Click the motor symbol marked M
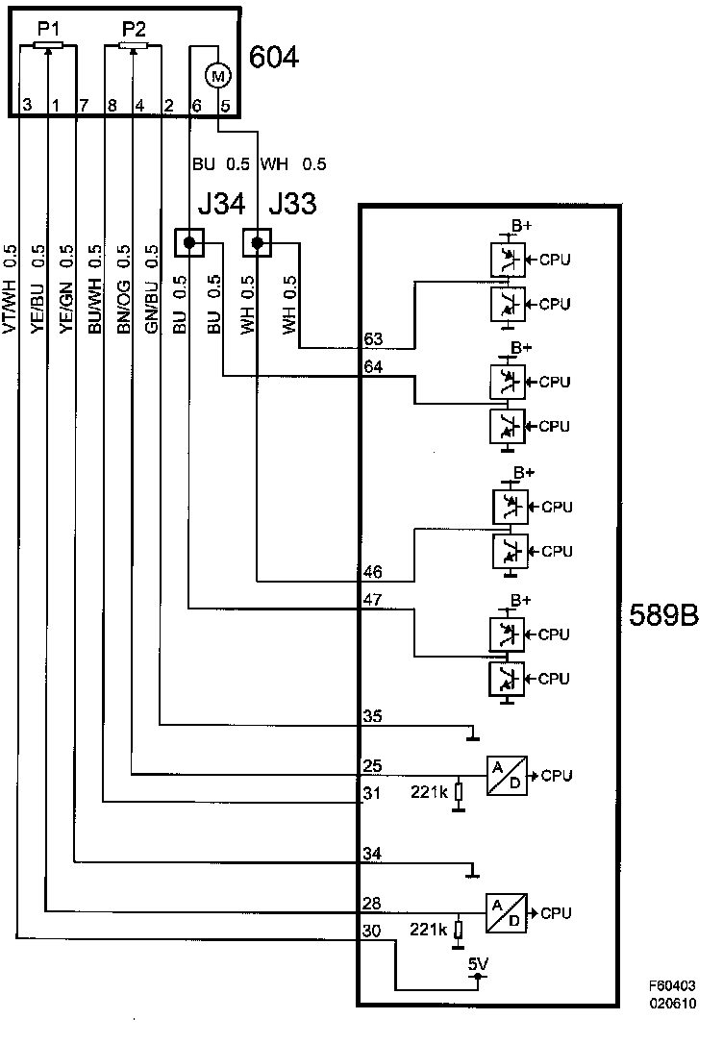[217, 73]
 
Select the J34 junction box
[189, 243]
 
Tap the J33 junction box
[257, 243]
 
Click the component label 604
[274, 58]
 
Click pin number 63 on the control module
[373, 338]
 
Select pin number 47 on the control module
[373, 600]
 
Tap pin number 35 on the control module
[373, 715]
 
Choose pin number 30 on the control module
[373, 931]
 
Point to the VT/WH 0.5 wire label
[11, 288]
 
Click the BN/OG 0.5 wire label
[123, 288]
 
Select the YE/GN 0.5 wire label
[66, 288]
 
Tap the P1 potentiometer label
[47, 30]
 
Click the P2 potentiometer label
[134, 30]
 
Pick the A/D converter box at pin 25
[507, 774]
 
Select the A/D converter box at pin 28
[507, 912]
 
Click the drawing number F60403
[672, 986]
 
